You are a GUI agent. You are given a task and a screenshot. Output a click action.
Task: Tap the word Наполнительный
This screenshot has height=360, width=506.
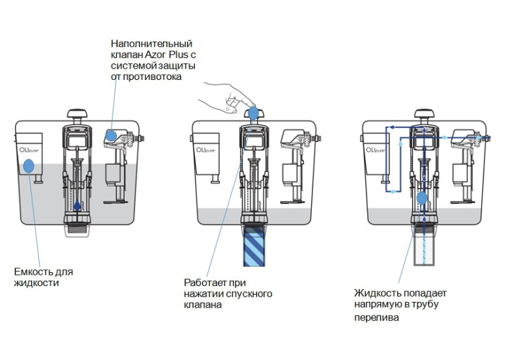[x=151, y=44]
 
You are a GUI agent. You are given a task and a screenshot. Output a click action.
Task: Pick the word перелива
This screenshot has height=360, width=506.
[x=377, y=318]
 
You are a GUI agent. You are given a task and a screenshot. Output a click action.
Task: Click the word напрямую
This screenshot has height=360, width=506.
[x=378, y=305]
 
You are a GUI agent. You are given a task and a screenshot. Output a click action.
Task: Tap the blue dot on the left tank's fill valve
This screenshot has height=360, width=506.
[x=111, y=135]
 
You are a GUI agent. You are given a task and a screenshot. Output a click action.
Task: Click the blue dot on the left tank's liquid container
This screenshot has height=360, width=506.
[x=28, y=166]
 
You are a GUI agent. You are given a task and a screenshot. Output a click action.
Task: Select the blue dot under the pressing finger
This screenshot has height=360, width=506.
[x=253, y=113]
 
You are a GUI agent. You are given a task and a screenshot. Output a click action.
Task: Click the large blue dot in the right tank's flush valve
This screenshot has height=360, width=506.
[x=421, y=198]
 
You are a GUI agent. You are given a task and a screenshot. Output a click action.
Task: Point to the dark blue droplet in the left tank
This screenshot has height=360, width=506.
[x=77, y=205]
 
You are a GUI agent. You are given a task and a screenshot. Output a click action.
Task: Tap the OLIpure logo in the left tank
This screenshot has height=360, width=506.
[x=28, y=150]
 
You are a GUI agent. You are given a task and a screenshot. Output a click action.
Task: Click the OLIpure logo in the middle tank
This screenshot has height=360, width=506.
[x=205, y=150]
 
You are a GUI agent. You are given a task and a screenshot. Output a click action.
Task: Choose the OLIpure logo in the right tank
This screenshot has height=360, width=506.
[x=376, y=150]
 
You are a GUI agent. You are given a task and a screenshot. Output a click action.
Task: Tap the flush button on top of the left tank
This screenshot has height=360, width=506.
[x=77, y=115]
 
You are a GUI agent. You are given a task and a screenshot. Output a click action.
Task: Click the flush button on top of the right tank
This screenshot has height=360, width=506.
[x=424, y=115]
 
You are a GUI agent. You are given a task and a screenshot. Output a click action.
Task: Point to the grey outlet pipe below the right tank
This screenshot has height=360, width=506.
[x=424, y=249]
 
